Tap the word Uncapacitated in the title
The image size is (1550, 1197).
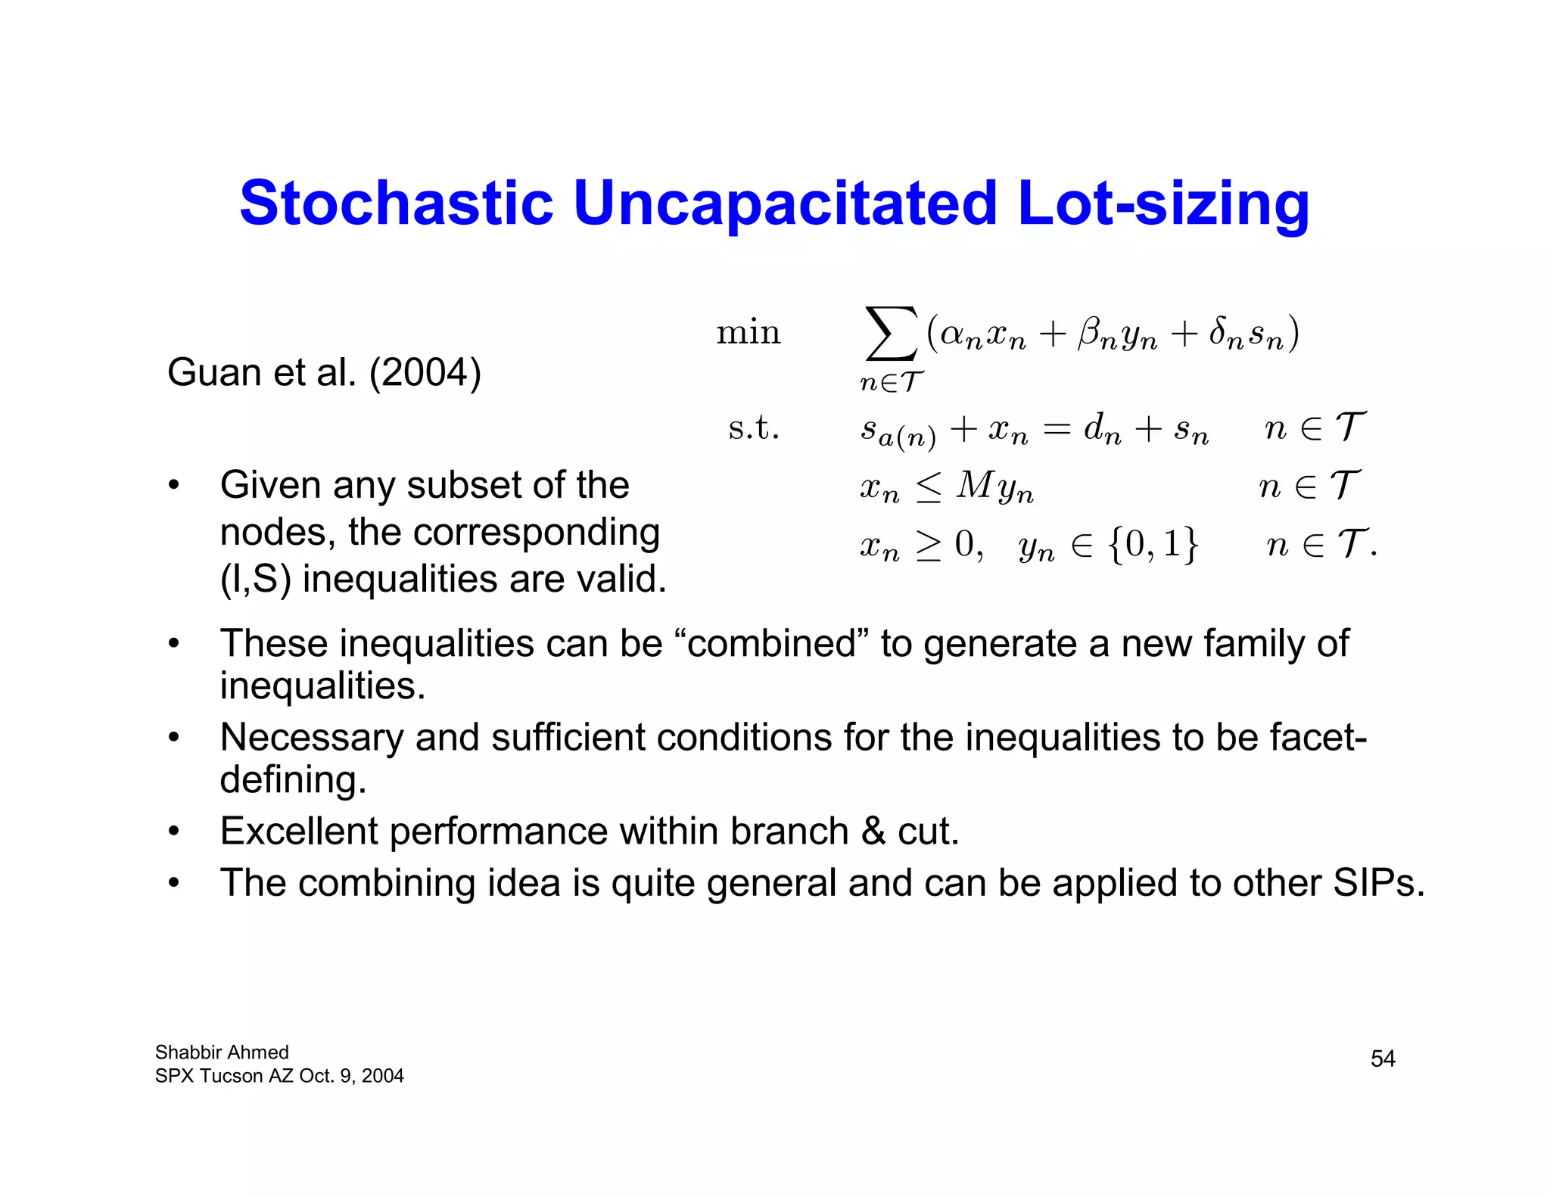[x=785, y=204]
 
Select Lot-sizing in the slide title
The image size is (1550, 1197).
[x=1163, y=204]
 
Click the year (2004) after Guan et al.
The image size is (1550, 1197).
[x=425, y=372]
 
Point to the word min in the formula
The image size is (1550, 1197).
[x=748, y=333]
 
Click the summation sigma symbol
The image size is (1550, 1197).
[x=892, y=333]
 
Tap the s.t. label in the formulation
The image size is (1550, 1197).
[x=753, y=428]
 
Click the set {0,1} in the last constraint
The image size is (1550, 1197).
[x=1153, y=544]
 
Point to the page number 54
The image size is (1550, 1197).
[x=1383, y=1059]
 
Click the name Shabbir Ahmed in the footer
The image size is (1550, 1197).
[x=222, y=1052]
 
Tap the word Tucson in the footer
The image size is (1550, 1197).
[x=231, y=1076]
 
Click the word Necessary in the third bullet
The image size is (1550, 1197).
[x=311, y=738]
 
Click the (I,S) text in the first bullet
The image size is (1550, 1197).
[x=255, y=580]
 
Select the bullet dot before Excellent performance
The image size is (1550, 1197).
[x=174, y=832]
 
